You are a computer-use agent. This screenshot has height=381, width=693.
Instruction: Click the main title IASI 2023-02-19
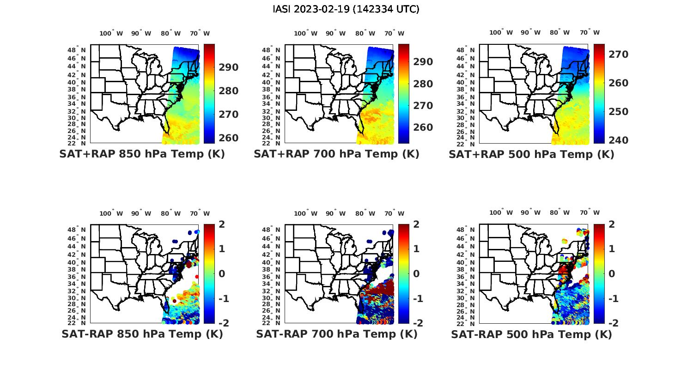pos(346,9)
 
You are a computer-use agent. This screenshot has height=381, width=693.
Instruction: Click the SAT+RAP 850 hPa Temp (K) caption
pos(142,154)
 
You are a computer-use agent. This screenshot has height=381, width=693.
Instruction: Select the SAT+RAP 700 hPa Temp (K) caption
pos(336,154)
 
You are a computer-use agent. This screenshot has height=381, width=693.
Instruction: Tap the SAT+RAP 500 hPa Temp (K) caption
pos(531,154)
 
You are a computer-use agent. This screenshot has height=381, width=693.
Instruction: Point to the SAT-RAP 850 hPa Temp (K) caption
pos(142,334)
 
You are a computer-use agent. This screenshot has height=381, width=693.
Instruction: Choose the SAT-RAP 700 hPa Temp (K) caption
pos(336,334)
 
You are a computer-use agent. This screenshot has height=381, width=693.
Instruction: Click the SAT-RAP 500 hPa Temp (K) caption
pos(531,334)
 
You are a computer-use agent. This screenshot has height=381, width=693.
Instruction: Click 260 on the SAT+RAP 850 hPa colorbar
pos(228,138)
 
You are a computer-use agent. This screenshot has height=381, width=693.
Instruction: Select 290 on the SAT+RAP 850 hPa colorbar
pos(228,67)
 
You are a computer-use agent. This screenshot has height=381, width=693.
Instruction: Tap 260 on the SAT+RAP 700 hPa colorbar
pos(423,127)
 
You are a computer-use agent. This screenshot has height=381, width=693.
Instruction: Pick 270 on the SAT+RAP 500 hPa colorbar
pos(618,54)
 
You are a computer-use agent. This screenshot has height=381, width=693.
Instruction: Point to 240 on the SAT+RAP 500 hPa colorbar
pos(618,140)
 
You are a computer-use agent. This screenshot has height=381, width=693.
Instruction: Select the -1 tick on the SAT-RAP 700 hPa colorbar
pos(417,299)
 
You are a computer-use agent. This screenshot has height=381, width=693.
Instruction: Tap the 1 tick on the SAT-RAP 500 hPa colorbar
pos(612,249)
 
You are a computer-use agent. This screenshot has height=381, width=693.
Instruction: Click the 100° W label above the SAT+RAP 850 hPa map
pos(111,33)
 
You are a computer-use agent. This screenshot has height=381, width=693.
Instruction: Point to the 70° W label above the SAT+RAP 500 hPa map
pos(590,32)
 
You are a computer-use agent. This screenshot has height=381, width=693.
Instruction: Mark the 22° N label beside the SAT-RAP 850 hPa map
pos(77,323)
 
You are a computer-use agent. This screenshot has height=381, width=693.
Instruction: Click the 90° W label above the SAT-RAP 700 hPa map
pos(335,213)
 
